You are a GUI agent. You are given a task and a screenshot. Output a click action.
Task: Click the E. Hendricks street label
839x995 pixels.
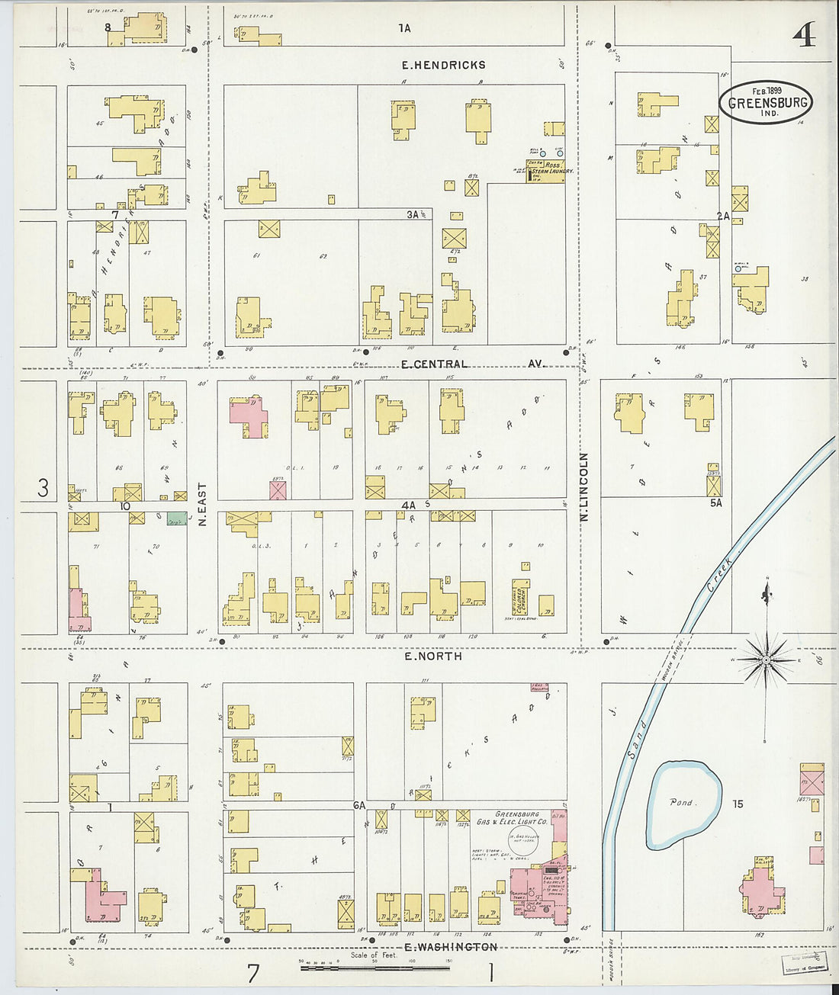443,66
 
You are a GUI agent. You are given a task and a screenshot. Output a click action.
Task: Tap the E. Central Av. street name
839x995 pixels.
473,364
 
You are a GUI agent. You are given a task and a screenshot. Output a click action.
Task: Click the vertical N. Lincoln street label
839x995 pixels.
585,486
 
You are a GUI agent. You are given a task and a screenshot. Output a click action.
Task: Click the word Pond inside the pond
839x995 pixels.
680,802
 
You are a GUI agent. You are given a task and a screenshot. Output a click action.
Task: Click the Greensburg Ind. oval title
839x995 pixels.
765,103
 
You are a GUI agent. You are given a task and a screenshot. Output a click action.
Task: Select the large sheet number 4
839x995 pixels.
805,34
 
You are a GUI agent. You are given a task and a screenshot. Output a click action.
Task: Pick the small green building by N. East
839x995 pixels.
177,518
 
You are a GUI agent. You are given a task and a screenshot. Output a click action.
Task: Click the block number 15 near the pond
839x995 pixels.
737,804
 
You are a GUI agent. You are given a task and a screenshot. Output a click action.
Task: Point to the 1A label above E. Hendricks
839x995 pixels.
404,28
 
